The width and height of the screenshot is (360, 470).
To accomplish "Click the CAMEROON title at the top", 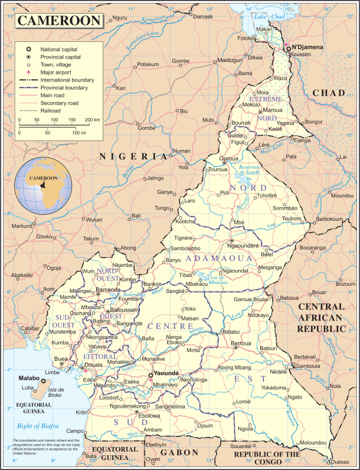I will pyautogui.click(x=60, y=21).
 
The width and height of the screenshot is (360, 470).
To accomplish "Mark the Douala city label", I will pyautogui.click(x=94, y=365).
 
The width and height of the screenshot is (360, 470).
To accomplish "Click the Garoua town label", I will pyautogui.click(x=228, y=159).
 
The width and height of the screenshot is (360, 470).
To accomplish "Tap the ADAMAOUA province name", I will pyautogui.click(x=218, y=259).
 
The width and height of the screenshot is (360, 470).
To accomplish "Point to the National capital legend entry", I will pyautogui.click(x=58, y=48).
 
